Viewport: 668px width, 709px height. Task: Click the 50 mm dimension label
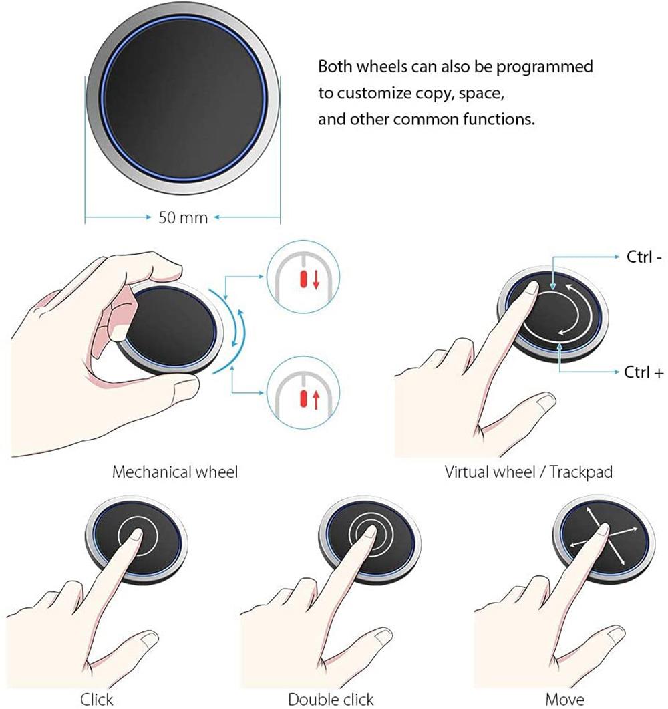coord(183,217)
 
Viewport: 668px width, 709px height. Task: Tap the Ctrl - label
coord(644,257)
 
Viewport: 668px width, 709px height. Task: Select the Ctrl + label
coord(643,372)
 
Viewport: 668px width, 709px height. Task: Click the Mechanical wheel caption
coord(175,472)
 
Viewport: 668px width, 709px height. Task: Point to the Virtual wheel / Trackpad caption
coord(528,472)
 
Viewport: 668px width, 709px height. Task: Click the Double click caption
coord(331,699)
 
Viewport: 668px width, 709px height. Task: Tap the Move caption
coord(564,699)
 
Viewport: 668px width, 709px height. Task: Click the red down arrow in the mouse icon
coord(316,279)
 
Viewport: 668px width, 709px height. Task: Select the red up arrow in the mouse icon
coord(315,400)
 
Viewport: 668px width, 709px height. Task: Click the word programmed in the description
coord(544,67)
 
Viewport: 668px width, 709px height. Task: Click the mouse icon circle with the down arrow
coord(303,277)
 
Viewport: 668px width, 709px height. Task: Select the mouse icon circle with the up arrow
coord(303,392)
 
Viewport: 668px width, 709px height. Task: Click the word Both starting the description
coord(335,66)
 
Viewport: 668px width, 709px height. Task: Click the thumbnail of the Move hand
coord(615,635)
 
